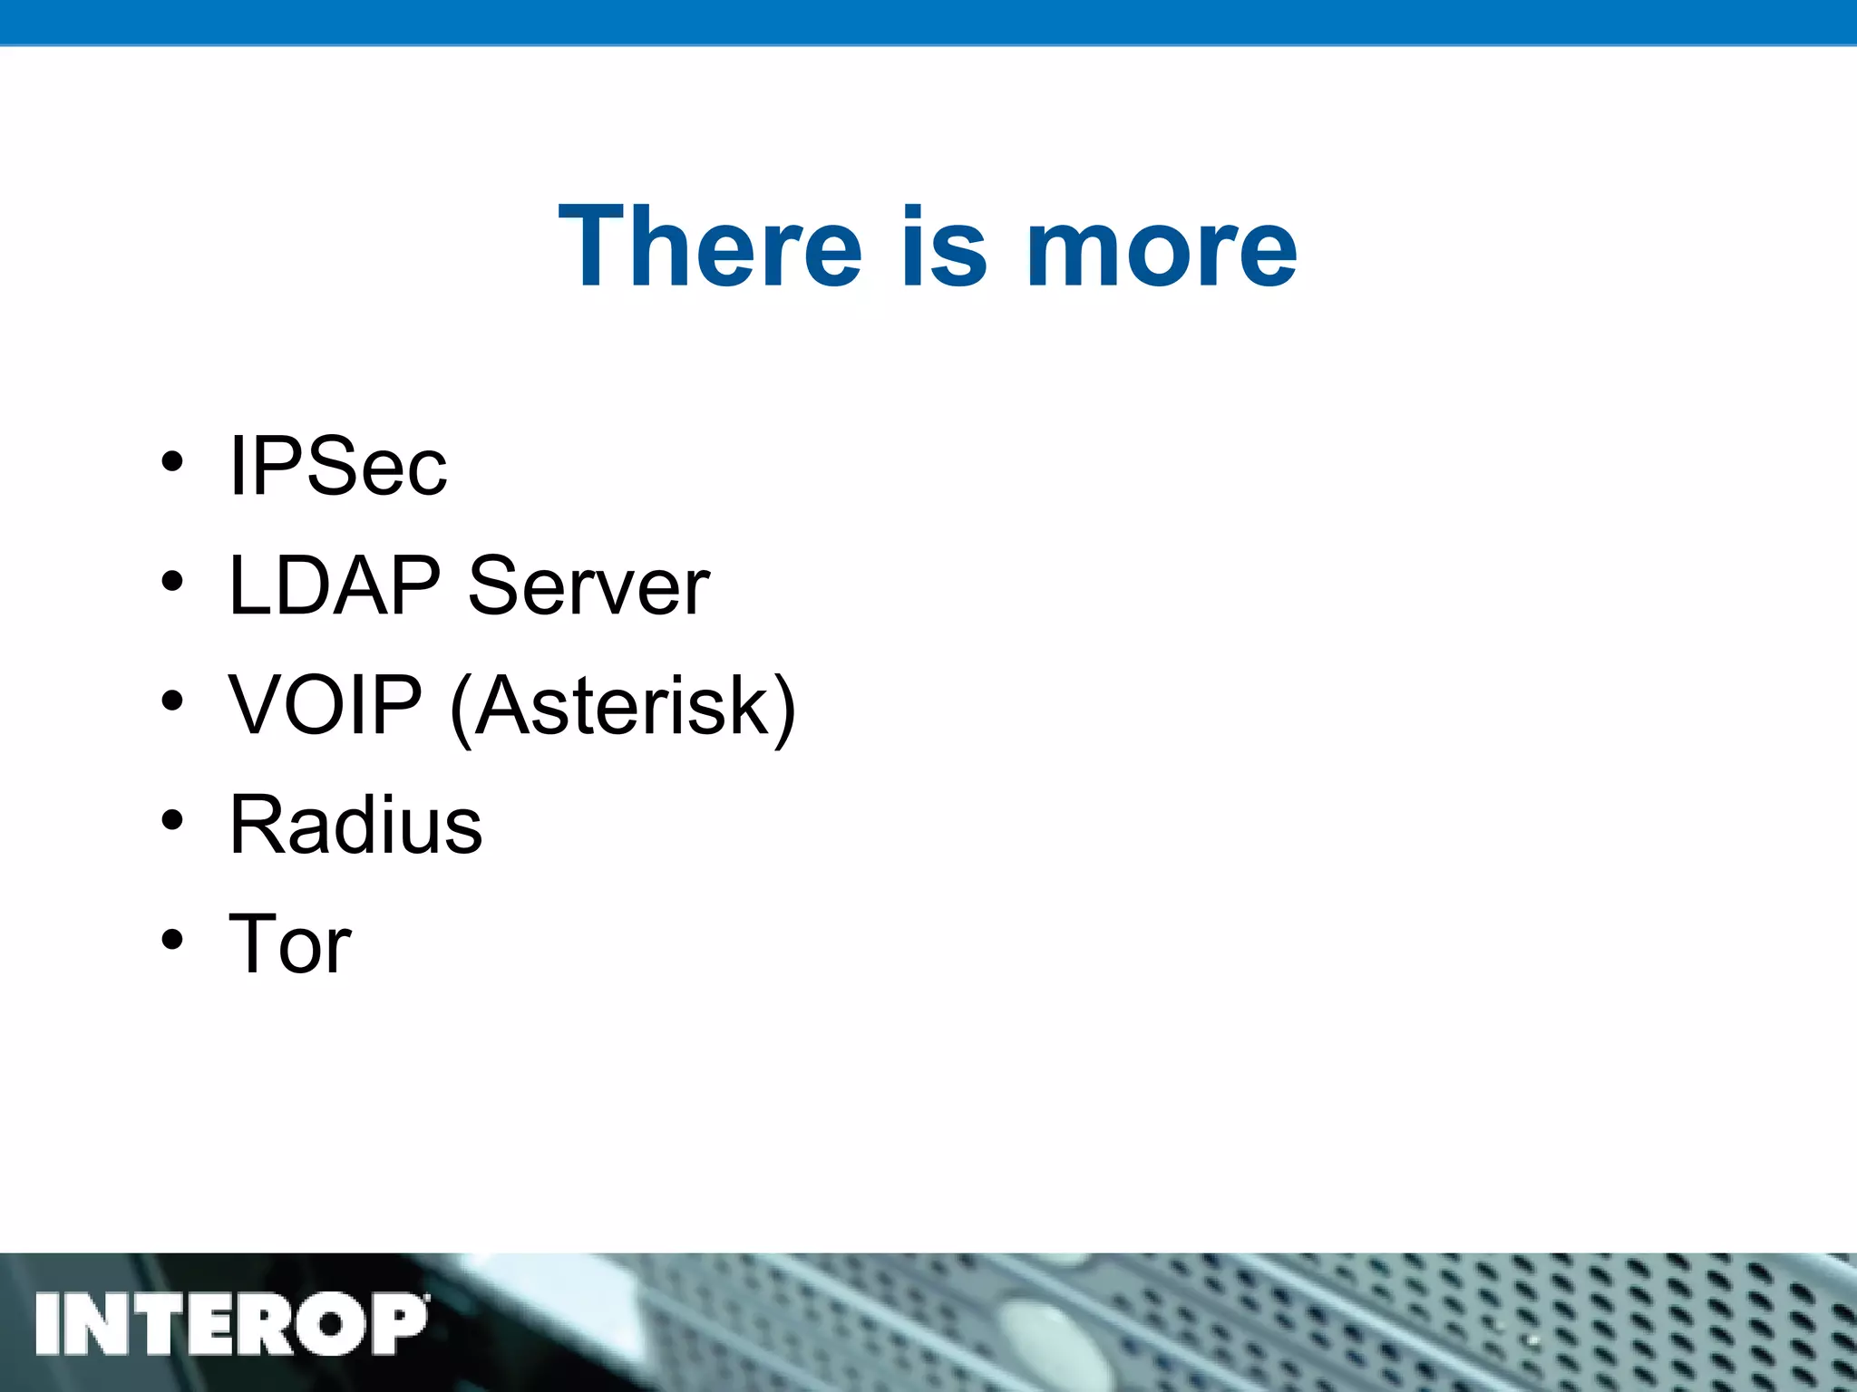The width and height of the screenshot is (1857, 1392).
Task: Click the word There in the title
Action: pos(710,246)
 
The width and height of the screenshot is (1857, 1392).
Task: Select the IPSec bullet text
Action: pos(338,466)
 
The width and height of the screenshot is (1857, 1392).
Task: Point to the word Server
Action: pos(588,587)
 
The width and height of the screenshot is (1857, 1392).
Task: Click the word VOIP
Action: pos(326,705)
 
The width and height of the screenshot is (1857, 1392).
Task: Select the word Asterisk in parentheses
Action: pos(621,705)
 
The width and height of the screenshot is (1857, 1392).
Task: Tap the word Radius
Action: pos(356,825)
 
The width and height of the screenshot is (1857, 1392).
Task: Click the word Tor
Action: pos(290,944)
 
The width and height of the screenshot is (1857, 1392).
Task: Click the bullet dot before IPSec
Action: pos(172,462)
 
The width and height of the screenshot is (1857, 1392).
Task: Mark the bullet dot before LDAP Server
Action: pos(172,582)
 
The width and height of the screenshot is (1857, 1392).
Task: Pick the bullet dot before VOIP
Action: pos(172,701)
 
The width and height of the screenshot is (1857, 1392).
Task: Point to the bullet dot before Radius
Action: pos(172,820)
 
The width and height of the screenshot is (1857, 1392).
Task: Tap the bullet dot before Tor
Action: pos(172,940)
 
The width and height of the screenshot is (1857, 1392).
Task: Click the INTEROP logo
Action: pos(231,1324)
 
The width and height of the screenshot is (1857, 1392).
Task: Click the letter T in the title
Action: pos(593,246)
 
